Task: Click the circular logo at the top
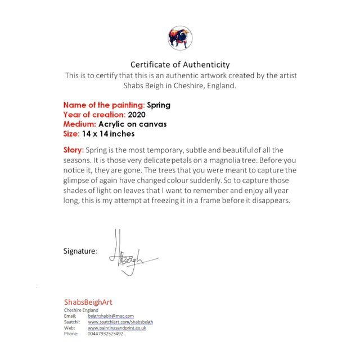coord(180,38)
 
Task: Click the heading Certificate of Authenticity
coord(180,65)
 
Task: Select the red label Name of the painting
coord(103,105)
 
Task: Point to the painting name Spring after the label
coord(159,105)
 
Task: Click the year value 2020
coord(137,114)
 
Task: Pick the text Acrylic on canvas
coord(132,124)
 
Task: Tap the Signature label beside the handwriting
coord(80,251)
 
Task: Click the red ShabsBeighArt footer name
coord(88,302)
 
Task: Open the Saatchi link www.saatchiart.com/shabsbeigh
coord(120,322)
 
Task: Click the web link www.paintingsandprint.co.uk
coord(117,327)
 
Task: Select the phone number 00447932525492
coord(105,334)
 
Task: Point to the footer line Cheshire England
coord(81,310)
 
